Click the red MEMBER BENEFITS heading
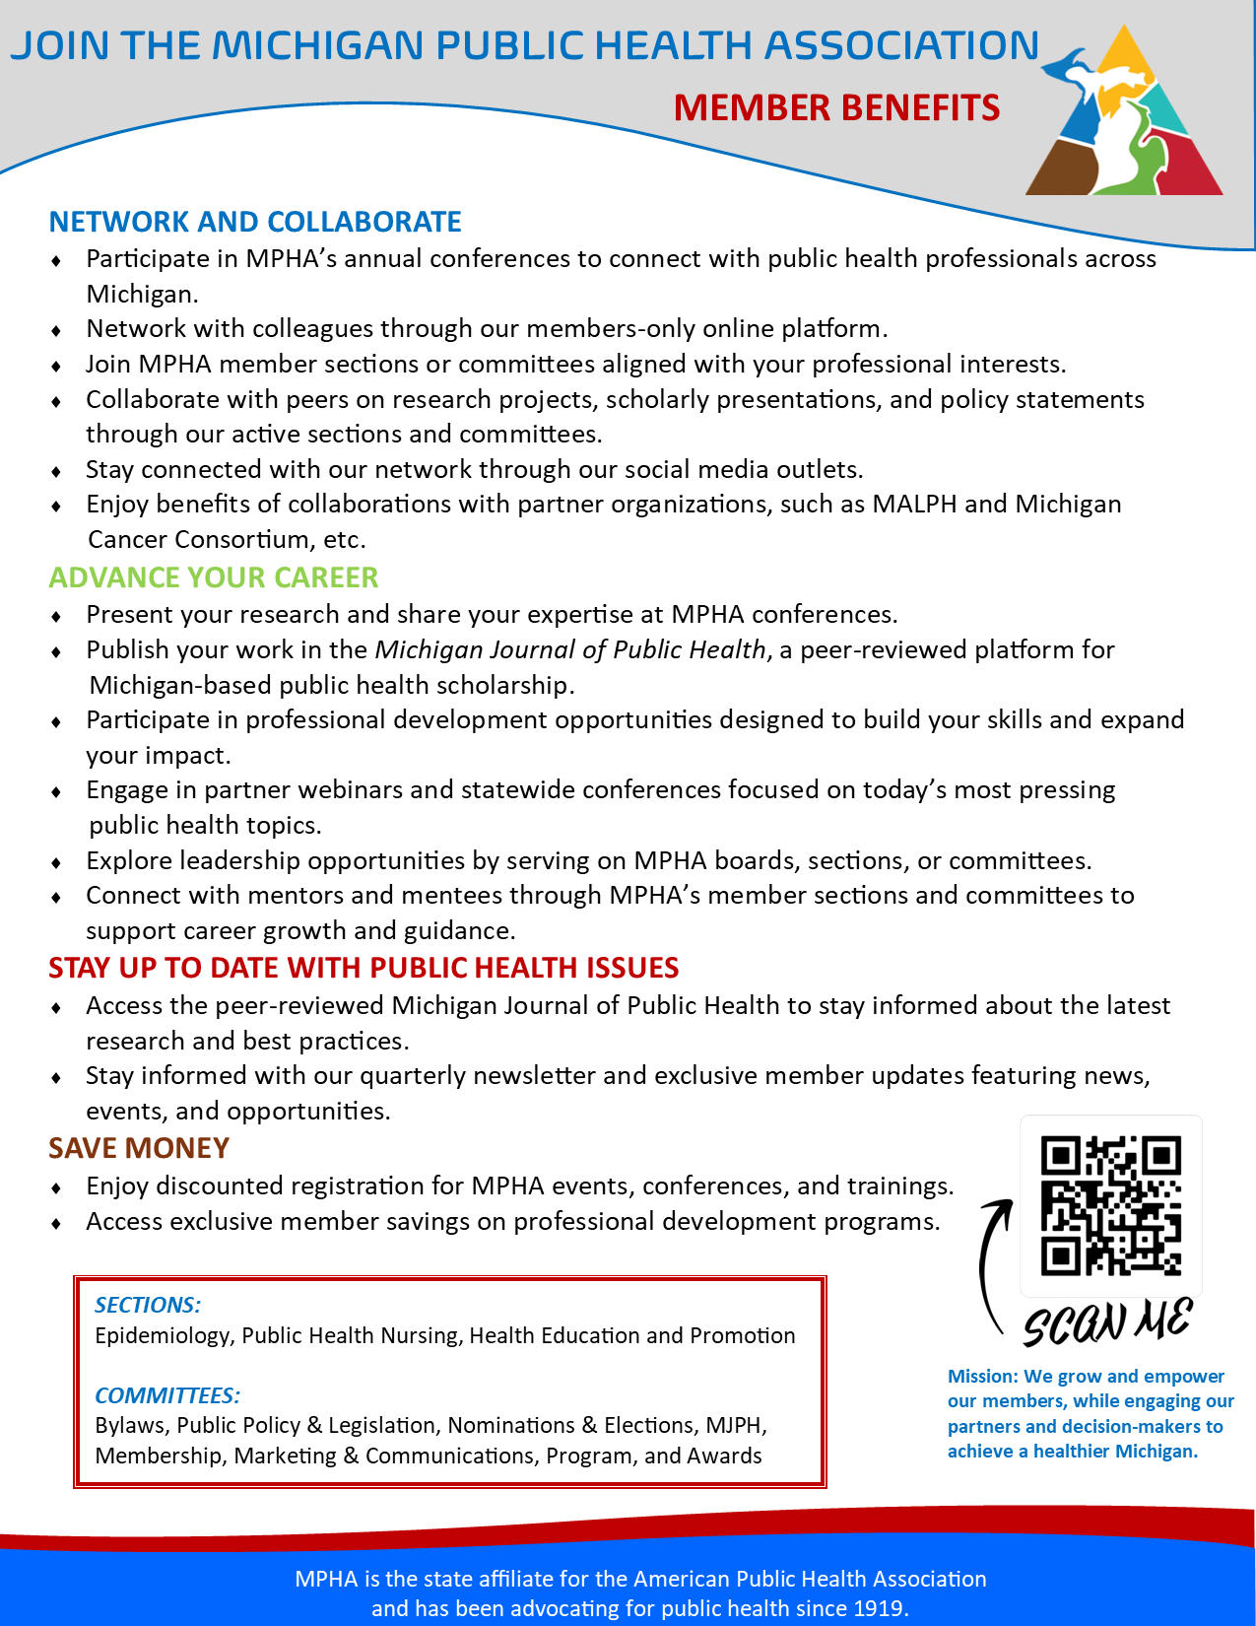[x=836, y=107]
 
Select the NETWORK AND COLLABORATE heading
[x=255, y=222]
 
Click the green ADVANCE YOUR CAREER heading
[x=214, y=577]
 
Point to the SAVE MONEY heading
[x=139, y=1148]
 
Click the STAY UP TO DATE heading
[x=364, y=968]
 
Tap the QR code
[x=1110, y=1205]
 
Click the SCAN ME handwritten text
[x=1107, y=1322]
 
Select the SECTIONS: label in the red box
[x=148, y=1305]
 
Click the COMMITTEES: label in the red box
[x=167, y=1395]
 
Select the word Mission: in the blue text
[x=982, y=1376]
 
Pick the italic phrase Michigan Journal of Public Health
[x=570, y=649]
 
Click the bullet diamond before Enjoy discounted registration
[x=57, y=1187]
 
